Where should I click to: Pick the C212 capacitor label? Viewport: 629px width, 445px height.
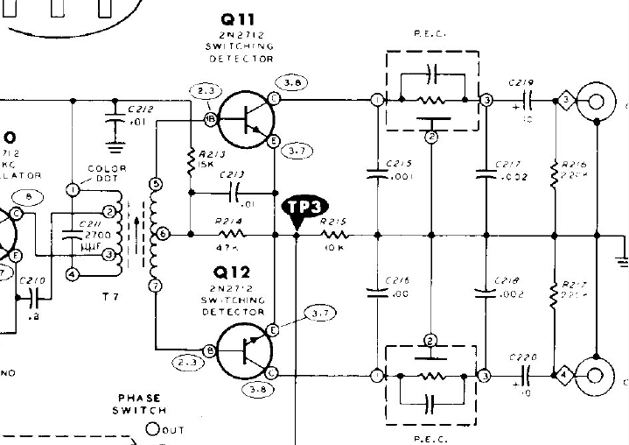[x=141, y=109]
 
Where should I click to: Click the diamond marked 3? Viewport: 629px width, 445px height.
[x=565, y=102]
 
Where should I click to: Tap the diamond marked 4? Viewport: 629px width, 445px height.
[x=565, y=376]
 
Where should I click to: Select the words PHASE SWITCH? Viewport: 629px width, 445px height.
[x=140, y=403]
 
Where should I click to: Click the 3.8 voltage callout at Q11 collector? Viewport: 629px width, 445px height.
[x=290, y=84]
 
